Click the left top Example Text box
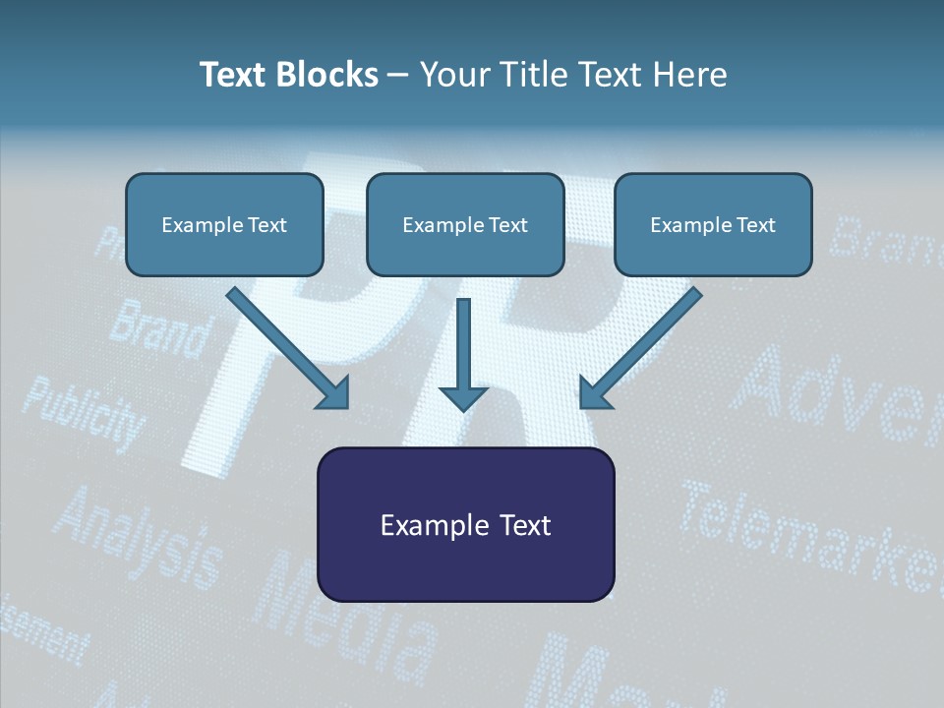[x=224, y=224]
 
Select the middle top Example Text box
[x=465, y=224]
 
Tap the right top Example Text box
[x=713, y=224]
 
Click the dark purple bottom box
[x=465, y=524]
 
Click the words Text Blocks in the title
[x=288, y=75]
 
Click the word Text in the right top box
[x=755, y=225]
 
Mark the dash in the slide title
[x=398, y=75]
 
